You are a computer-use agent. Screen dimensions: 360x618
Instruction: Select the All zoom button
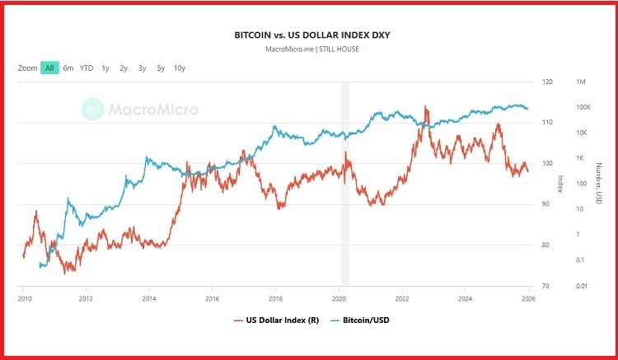point(49,68)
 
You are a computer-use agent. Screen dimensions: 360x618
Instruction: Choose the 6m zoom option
point(68,68)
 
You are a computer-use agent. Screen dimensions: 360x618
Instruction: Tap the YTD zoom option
point(87,68)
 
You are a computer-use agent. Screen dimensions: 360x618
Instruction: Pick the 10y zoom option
point(179,68)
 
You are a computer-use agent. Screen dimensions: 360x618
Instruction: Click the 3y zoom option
point(142,68)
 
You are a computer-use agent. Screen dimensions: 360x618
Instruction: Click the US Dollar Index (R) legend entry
point(275,320)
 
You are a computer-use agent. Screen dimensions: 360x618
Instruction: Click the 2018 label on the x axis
point(276,298)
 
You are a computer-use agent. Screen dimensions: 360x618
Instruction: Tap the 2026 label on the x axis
point(528,298)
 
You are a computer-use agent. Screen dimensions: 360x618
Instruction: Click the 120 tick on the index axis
point(548,82)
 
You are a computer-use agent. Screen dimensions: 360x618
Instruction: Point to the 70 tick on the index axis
point(547,286)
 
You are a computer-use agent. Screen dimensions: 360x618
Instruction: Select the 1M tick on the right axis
point(581,82)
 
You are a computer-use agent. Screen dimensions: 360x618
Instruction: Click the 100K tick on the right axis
point(584,107)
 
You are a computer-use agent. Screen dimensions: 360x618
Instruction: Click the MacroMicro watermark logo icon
point(93,108)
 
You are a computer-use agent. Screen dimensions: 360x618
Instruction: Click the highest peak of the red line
point(425,106)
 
